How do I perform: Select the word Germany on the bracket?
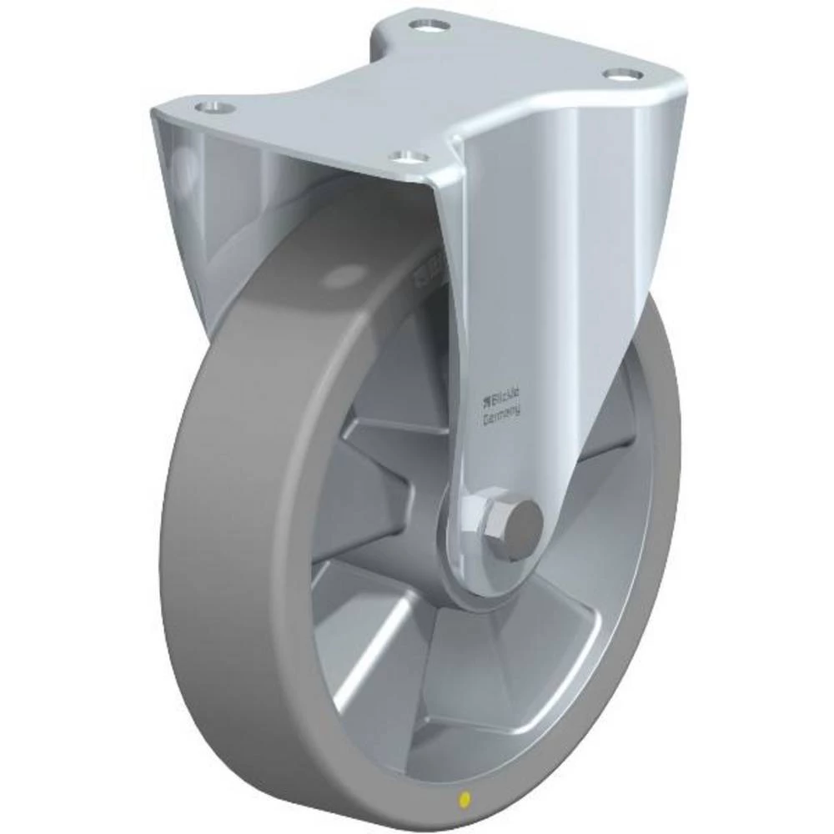pos(502,414)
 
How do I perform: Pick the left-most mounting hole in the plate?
pos(213,107)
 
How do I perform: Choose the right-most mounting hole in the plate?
pos(621,75)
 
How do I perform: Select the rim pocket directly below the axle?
pos(492,667)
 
